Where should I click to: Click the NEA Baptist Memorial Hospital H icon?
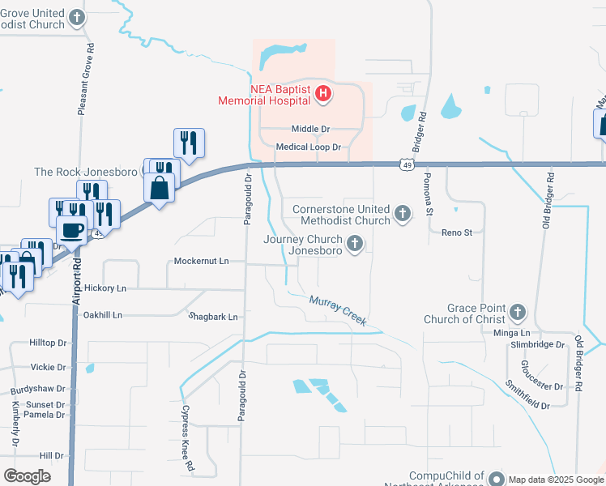322,95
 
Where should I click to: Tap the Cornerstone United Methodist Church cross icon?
403,215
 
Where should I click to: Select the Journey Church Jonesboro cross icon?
354,244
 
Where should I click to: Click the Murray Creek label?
338,311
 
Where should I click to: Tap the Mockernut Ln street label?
202,262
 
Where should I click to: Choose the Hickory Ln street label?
105,288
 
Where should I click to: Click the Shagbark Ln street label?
213,317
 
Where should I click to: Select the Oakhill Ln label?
102,314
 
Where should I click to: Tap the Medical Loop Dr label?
308,147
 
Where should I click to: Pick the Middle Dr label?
311,130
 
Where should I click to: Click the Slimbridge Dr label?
537,344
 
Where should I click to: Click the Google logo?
27,475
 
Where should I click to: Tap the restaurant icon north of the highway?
189,143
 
